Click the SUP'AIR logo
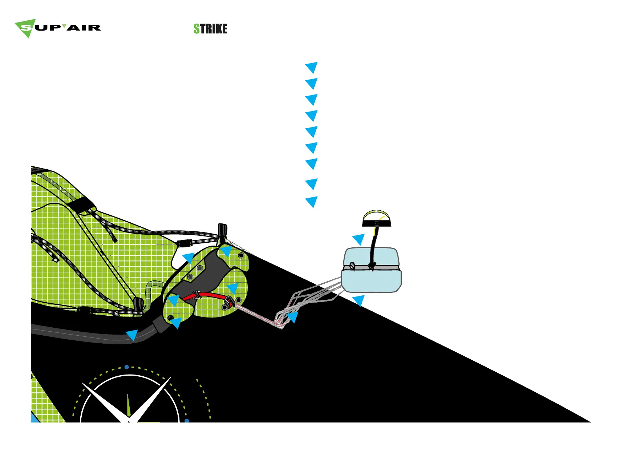click(x=57, y=28)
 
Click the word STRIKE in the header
click(x=210, y=29)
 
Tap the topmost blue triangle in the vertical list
click(x=312, y=67)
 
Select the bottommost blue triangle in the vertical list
click(x=312, y=202)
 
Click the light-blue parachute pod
click(x=371, y=271)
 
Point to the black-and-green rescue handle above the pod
click(x=377, y=218)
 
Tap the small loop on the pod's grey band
click(x=352, y=266)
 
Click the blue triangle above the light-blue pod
click(x=359, y=239)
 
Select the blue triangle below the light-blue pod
click(x=359, y=300)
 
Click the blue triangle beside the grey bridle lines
click(x=292, y=317)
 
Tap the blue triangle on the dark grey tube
click(x=132, y=335)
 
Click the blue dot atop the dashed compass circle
click(x=126, y=367)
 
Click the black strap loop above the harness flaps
click(x=222, y=231)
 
